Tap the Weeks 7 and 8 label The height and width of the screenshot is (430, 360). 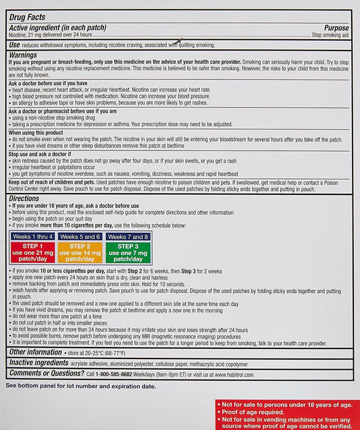pyautogui.click(x=128, y=237)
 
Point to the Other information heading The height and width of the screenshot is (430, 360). pyautogui.click(x=36, y=352)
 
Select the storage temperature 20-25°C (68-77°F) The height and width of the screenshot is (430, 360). pyautogui.click(x=118, y=352)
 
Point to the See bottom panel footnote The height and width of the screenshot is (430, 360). pyautogui.click(x=80, y=387)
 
